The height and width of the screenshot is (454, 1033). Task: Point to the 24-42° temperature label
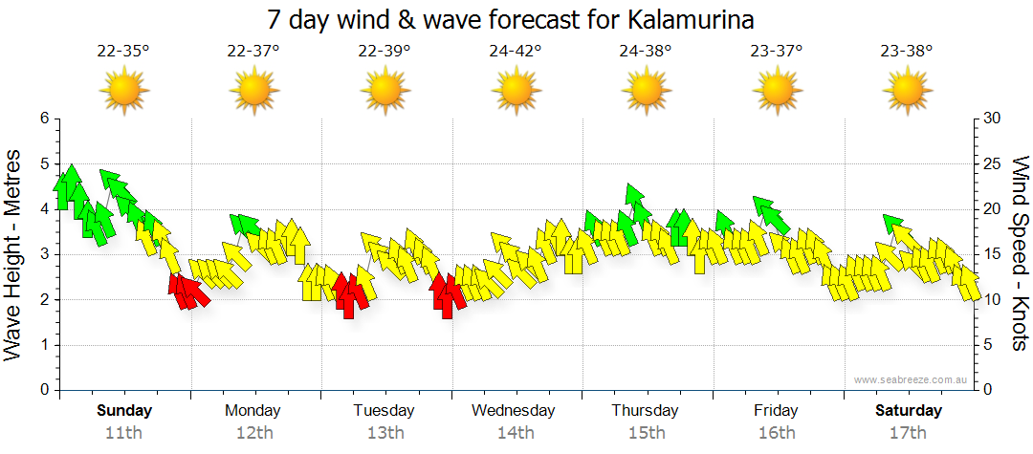point(516,52)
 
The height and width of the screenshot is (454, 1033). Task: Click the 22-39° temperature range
point(385,52)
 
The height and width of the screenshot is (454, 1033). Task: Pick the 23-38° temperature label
point(907,52)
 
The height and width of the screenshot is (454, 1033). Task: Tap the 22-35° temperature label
point(123,52)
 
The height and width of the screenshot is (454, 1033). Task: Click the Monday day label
point(253,411)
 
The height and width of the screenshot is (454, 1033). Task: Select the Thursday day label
point(646,411)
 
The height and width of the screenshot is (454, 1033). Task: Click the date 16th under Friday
point(776,433)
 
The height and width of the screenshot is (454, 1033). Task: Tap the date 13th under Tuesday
point(385,433)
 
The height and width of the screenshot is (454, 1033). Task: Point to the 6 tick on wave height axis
point(44,119)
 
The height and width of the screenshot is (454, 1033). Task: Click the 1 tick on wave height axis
point(44,345)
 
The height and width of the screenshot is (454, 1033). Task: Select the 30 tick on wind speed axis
point(993,119)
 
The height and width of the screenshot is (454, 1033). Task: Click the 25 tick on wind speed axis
point(993,163)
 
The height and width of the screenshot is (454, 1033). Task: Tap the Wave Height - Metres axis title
point(14,254)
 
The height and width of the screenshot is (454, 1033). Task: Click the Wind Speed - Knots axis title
point(1020,254)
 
